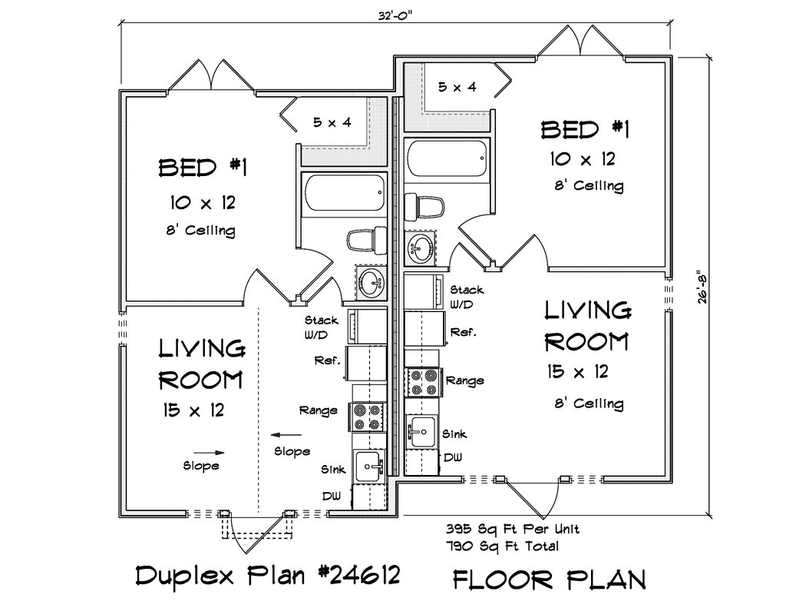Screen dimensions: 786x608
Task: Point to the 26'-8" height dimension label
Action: [702, 287]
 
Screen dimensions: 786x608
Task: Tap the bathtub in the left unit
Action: [344, 192]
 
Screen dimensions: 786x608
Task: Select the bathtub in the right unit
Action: [446, 158]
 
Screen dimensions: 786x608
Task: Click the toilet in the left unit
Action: [367, 241]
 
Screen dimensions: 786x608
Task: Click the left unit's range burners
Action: [367, 417]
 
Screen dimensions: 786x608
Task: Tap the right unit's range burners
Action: [424, 382]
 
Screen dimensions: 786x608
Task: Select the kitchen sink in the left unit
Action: [369, 465]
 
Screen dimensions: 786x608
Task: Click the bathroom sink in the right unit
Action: [420, 248]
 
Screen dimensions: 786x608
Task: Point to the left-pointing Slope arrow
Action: [286, 435]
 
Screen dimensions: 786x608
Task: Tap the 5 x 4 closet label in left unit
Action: [332, 122]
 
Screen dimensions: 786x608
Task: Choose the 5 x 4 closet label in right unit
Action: [457, 87]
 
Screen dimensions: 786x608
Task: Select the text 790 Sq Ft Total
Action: [502, 546]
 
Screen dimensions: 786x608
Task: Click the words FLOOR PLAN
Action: [550, 580]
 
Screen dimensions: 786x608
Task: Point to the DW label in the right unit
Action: [453, 457]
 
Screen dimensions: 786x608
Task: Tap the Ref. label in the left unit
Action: [327, 360]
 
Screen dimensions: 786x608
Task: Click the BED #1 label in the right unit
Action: [584, 130]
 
